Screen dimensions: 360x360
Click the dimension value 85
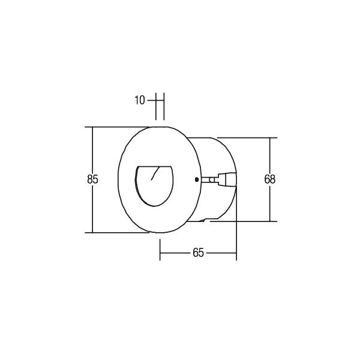pos(92,179)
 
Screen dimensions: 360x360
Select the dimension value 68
pos(269,179)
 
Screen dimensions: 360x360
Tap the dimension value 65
pos(198,253)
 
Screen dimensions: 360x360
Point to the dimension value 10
pos(140,100)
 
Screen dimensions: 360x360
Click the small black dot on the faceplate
pos(197,179)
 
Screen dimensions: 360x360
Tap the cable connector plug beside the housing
pos(227,179)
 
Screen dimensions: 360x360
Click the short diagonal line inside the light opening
pos(155,173)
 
